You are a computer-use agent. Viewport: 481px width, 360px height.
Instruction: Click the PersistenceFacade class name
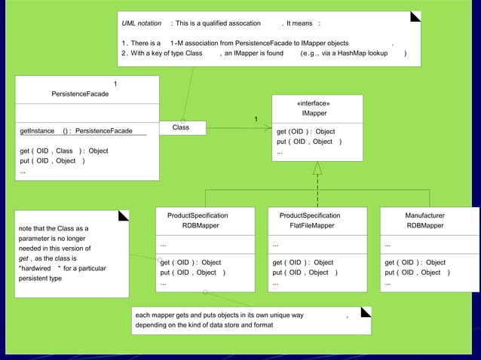click(x=80, y=94)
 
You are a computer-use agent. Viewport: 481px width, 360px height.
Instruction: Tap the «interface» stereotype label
click(x=314, y=103)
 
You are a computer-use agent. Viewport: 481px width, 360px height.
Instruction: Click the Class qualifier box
click(x=181, y=128)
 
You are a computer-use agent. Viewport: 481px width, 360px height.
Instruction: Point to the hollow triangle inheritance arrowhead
click(x=317, y=168)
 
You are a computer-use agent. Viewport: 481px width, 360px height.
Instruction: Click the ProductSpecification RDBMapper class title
click(x=198, y=220)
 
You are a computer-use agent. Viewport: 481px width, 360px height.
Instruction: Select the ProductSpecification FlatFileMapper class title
click(x=311, y=220)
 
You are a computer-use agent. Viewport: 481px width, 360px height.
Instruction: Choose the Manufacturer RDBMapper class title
click(x=425, y=220)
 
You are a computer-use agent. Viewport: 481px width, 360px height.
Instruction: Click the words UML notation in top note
click(x=142, y=23)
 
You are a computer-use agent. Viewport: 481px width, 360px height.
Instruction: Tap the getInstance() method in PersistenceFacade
click(x=76, y=131)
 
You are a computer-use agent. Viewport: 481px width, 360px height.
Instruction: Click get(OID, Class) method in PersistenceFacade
click(x=64, y=151)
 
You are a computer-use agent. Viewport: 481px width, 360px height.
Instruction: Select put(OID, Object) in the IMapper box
click(x=309, y=142)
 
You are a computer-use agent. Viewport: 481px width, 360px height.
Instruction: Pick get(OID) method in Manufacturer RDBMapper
click(x=415, y=262)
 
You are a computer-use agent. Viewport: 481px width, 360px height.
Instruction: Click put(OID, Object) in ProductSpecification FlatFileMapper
click(x=305, y=272)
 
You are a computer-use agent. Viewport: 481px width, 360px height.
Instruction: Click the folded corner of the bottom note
click(x=366, y=312)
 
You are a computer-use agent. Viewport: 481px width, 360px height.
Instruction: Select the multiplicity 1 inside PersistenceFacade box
click(x=115, y=83)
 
